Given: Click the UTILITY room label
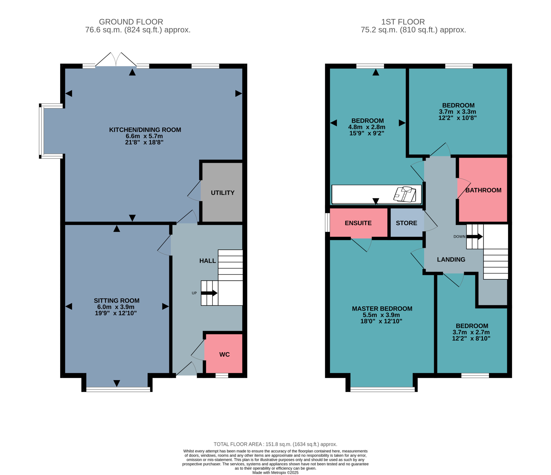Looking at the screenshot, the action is [223, 193].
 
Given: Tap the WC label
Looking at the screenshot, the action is [224, 354].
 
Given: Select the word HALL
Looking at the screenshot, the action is [208, 261].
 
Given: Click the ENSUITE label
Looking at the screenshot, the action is [358, 223].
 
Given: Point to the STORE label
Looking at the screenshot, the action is [406, 223].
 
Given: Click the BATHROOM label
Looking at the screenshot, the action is [483, 190].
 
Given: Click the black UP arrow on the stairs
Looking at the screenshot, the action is [209, 293].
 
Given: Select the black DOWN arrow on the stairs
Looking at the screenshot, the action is [475, 237].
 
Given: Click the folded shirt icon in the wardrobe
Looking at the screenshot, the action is [405, 194].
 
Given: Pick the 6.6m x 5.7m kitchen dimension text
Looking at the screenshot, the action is [144, 136].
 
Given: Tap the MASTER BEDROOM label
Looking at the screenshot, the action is [382, 309].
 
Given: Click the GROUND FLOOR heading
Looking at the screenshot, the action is [131, 22].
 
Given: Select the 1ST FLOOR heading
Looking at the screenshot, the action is [403, 22].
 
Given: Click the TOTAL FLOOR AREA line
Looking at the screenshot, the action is [275, 444].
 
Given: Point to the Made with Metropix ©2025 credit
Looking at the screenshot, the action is [275, 473].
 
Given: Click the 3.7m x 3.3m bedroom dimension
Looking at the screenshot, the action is [457, 112].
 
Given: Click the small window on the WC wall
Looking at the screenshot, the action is [222, 376].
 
